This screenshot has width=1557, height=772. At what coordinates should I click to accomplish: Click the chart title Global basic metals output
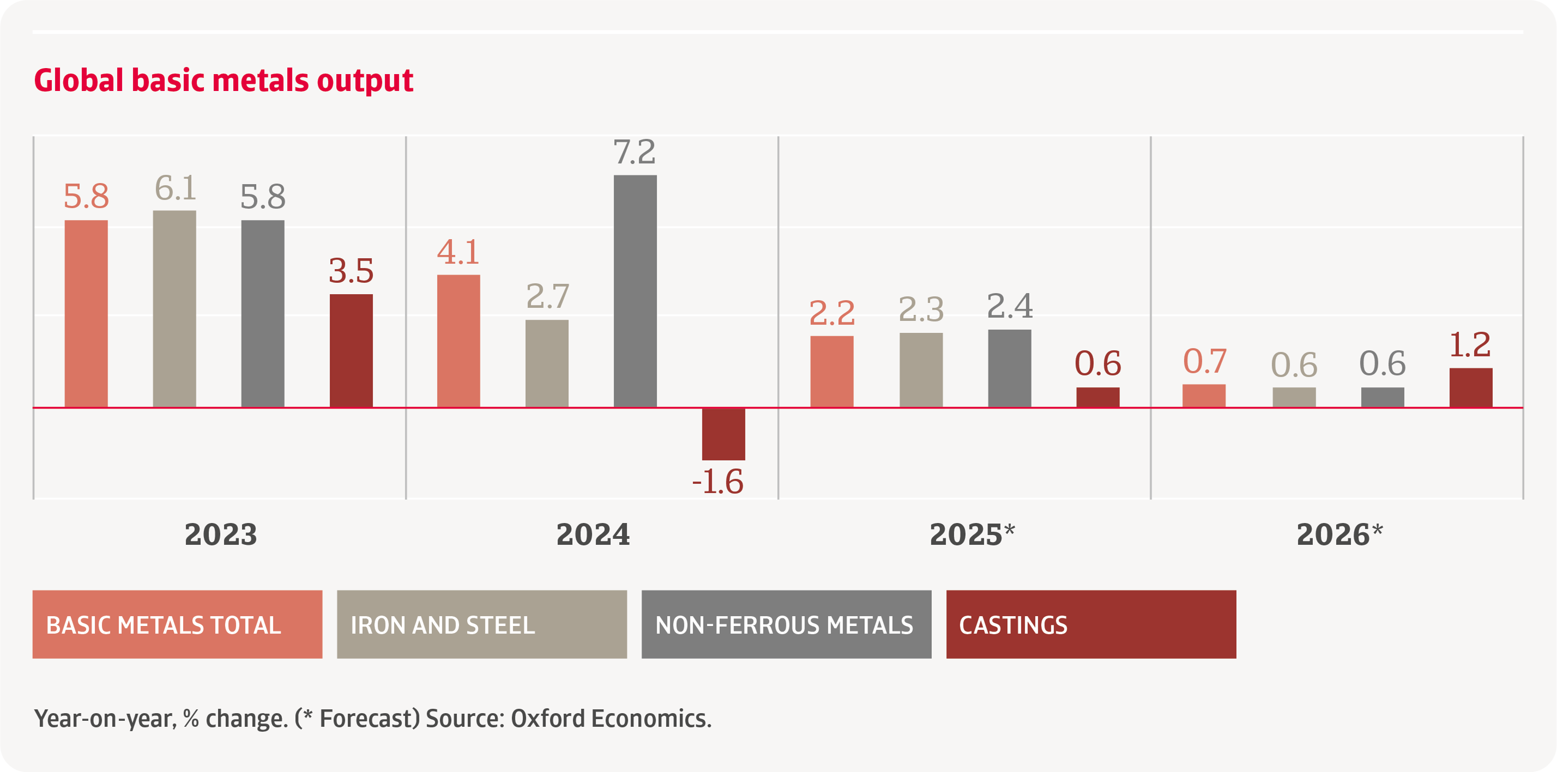click(223, 80)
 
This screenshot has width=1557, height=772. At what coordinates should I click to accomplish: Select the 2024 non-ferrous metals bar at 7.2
click(635, 291)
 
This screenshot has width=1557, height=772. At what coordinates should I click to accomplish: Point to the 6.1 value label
click(175, 188)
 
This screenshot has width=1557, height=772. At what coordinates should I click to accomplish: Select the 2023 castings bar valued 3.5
click(350, 350)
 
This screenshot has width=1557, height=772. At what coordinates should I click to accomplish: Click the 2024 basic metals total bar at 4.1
click(458, 341)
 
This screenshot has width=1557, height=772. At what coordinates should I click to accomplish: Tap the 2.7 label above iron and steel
click(547, 296)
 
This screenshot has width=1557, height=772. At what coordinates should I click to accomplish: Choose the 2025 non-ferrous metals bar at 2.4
click(1009, 368)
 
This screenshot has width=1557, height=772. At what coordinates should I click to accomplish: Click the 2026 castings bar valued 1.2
click(1470, 387)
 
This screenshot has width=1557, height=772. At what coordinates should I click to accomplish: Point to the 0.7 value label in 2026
click(1204, 361)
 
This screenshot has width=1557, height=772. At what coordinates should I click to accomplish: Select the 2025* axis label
click(971, 534)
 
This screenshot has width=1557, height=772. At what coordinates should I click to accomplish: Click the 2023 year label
click(221, 534)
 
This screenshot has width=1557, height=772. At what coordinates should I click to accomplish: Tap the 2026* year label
click(1339, 534)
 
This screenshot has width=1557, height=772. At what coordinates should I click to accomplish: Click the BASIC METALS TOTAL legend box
click(177, 624)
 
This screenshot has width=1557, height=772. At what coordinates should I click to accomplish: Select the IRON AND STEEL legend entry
click(481, 624)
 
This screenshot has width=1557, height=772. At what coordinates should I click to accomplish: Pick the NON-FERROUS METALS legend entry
click(786, 624)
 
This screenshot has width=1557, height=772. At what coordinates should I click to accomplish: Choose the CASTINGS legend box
click(1090, 624)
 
